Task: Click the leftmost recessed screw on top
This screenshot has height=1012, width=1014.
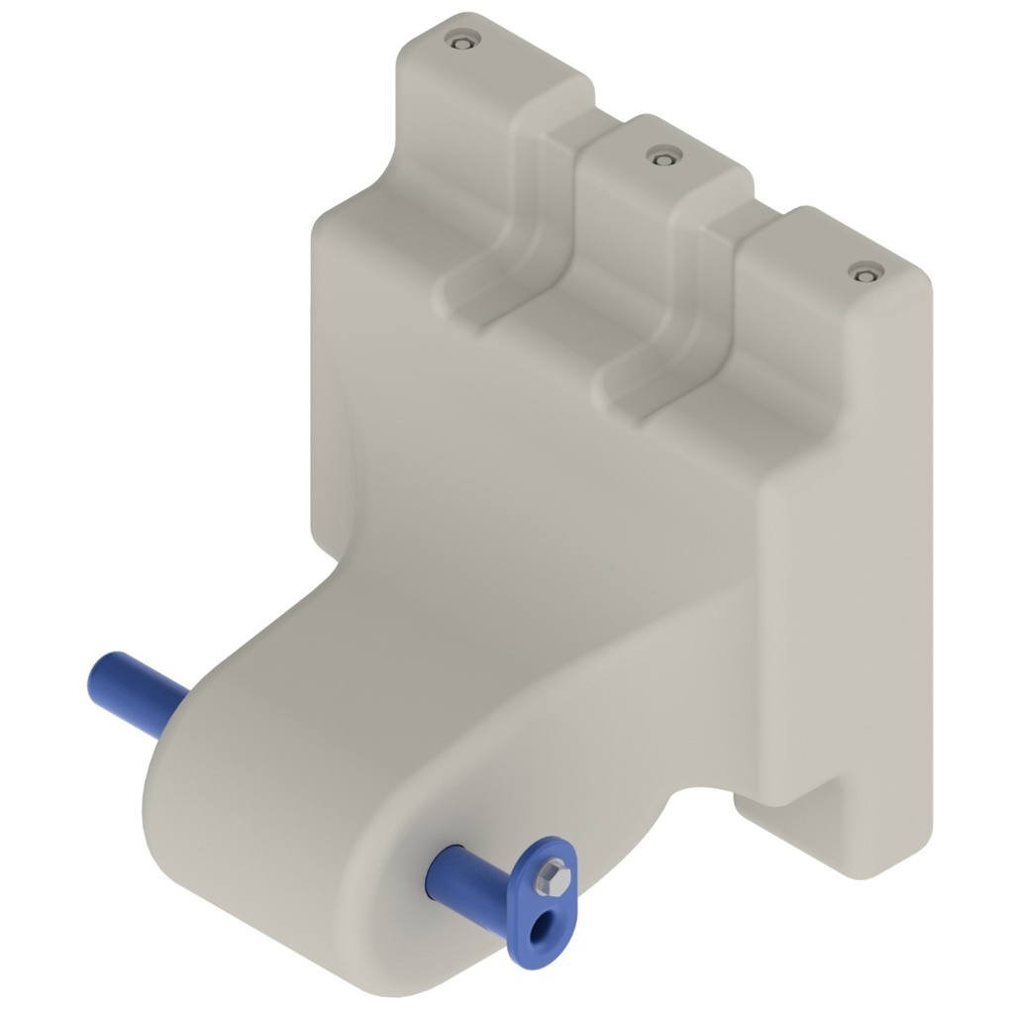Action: coord(461,40)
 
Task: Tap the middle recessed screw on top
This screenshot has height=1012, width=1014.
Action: coord(659,155)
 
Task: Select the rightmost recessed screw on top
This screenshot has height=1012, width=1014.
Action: coord(866,270)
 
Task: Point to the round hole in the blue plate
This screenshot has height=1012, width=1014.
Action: coord(540,928)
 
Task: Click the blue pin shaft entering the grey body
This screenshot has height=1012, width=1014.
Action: coord(470,877)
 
